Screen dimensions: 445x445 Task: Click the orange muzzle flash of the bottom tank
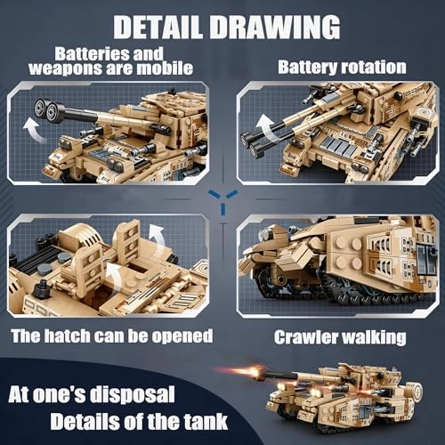259,371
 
